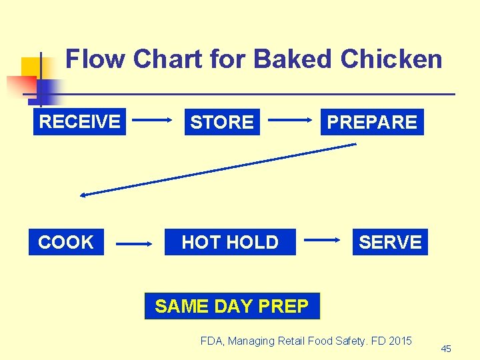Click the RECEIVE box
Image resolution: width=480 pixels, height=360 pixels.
(x=79, y=122)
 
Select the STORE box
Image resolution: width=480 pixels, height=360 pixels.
(x=222, y=122)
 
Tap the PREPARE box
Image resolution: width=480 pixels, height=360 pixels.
(x=371, y=122)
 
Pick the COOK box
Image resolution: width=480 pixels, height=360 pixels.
(x=66, y=242)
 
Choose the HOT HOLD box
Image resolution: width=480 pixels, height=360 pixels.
(x=230, y=242)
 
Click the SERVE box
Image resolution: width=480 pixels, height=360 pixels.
(x=390, y=242)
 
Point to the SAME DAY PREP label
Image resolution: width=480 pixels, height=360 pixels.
(x=231, y=306)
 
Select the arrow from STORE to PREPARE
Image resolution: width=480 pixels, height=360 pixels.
(x=291, y=121)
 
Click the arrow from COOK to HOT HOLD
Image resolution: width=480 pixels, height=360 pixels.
(x=135, y=245)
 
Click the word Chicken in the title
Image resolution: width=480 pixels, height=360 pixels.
(x=391, y=59)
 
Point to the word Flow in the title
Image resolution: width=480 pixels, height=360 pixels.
(x=95, y=59)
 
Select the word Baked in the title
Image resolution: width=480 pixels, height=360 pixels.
(x=293, y=59)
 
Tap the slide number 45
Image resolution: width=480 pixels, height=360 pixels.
(x=446, y=349)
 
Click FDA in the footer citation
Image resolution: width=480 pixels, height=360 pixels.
(x=212, y=341)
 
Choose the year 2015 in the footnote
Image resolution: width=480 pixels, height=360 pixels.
(x=399, y=341)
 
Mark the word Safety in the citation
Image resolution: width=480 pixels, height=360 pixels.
(x=345, y=341)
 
